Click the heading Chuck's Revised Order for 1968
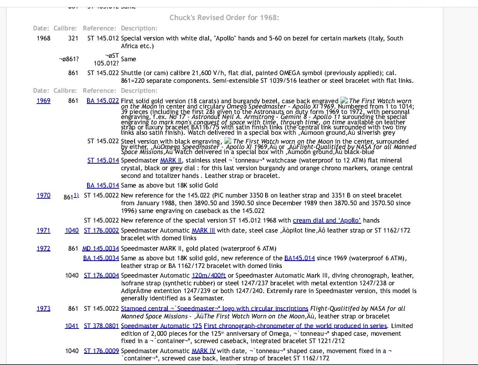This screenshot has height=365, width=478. coord(224,18)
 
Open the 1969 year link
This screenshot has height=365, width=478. coord(44,100)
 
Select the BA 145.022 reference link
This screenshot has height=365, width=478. coord(103,100)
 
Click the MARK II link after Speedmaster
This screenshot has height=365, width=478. coord(168,160)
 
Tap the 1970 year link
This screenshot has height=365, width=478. coord(44,195)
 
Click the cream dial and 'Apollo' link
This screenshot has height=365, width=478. coord(327,220)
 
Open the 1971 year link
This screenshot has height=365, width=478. coord(44,230)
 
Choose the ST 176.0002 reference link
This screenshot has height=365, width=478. coord(101,230)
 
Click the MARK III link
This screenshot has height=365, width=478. coord(204,230)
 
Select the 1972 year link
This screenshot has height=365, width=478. coord(44,248)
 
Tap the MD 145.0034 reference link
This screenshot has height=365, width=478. coord(101,248)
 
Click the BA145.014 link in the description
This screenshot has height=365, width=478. coord(300,258)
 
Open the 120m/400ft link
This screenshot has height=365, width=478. coord(209,275)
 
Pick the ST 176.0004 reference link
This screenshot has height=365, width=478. coord(101,275)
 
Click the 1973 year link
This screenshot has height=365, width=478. coord(44,308)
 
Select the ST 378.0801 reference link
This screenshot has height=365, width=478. coord(101,326)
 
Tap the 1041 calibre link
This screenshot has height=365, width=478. coord(72,326)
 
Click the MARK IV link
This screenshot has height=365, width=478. coord(204,351)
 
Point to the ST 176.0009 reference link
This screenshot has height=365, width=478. coord(101,351)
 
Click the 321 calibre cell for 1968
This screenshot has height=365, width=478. coord(73,38)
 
